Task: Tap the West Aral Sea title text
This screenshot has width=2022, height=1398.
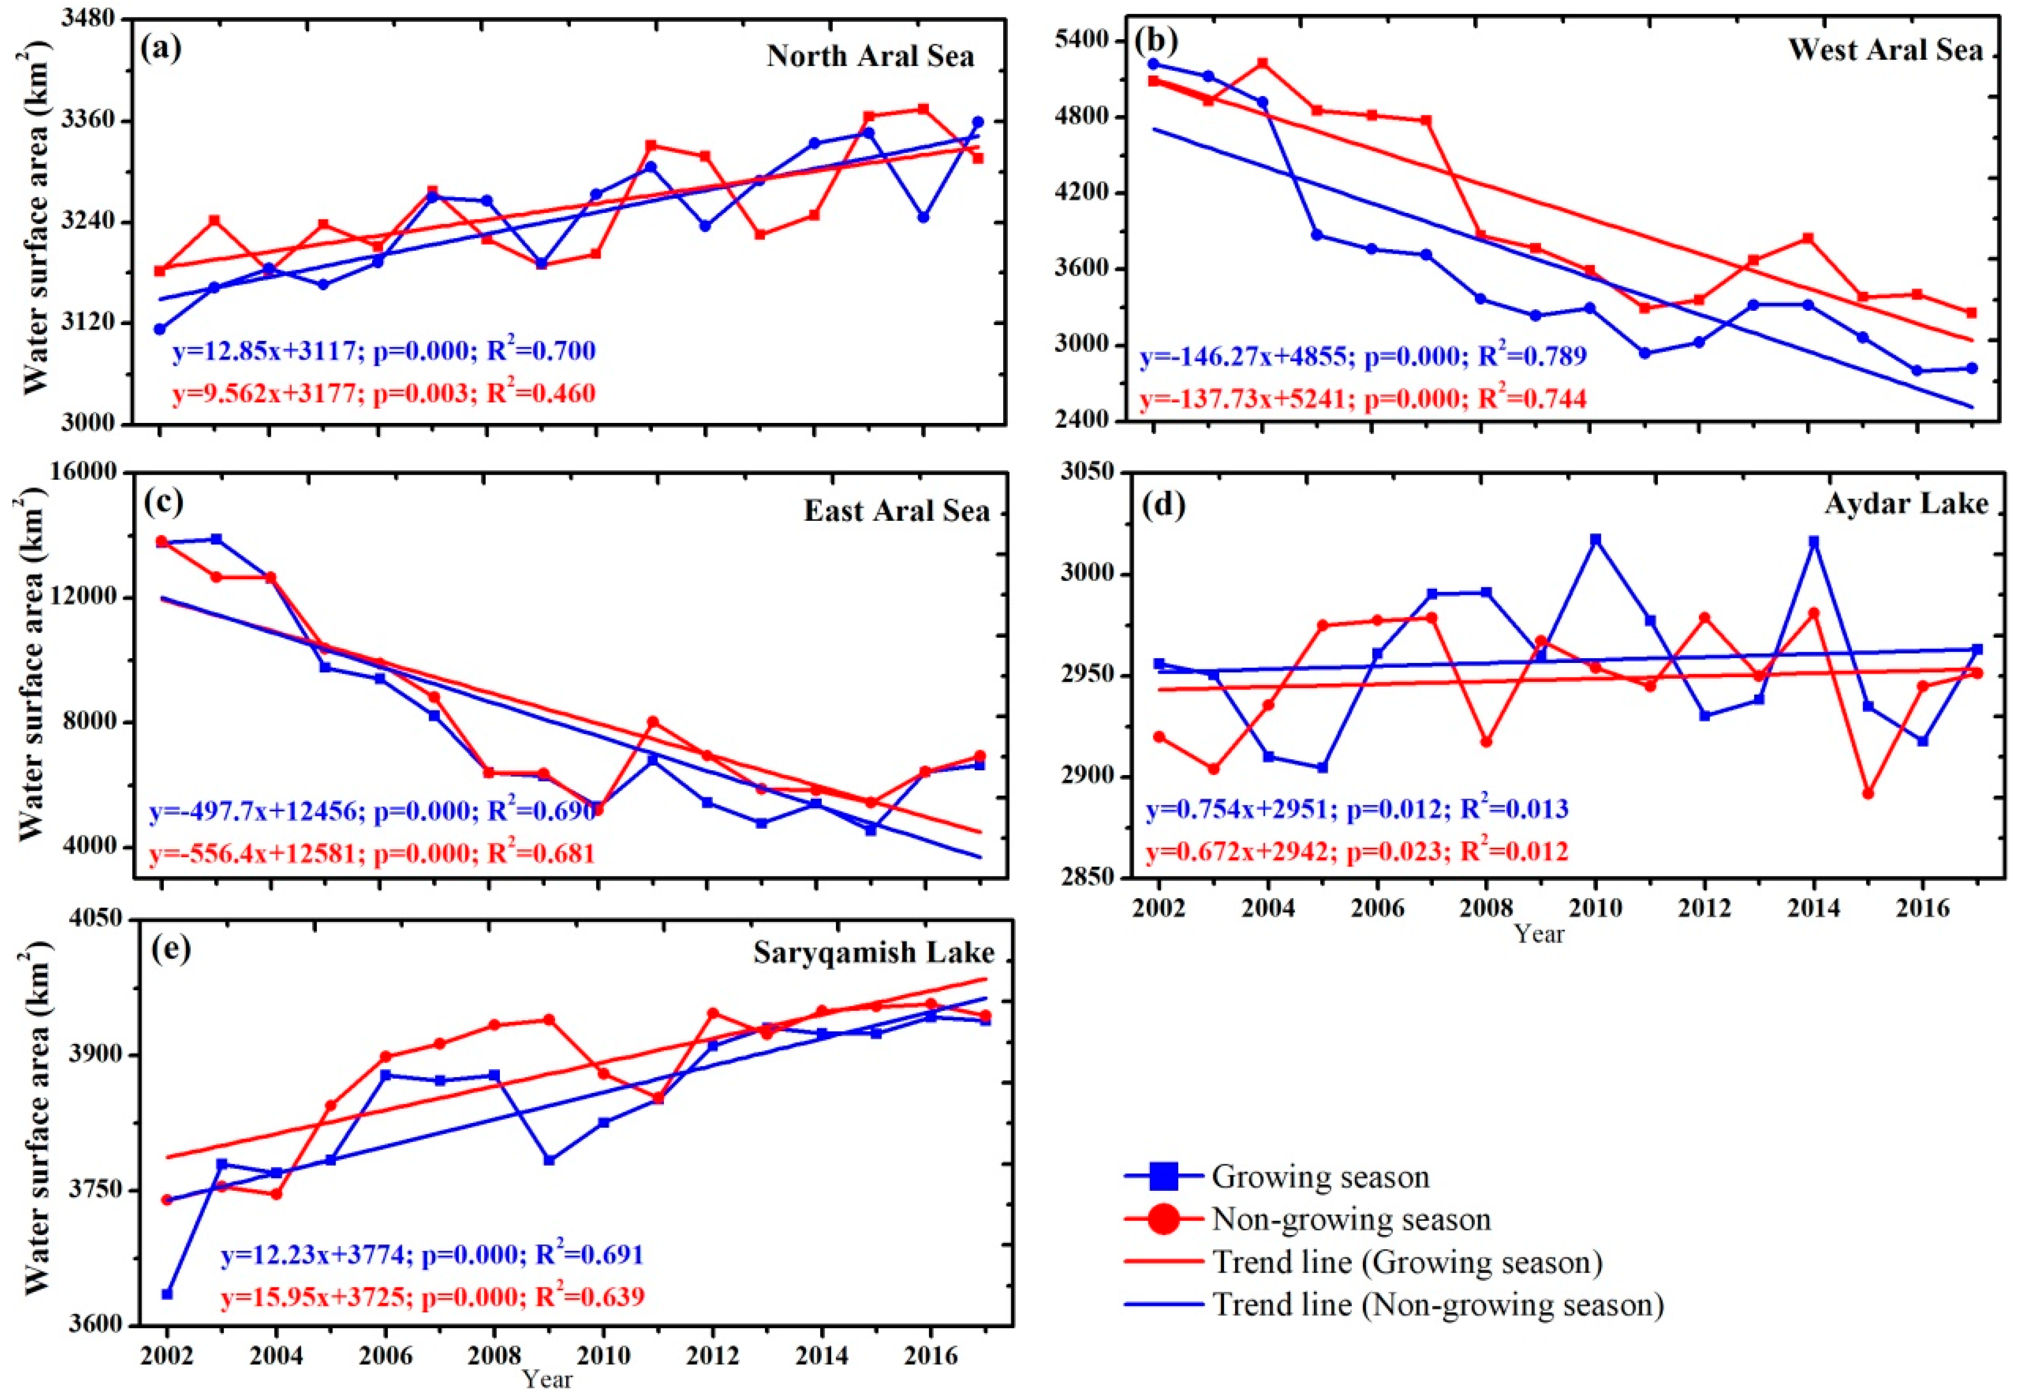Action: click(1885, 50)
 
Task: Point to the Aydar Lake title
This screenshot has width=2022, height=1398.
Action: click(1906, 504)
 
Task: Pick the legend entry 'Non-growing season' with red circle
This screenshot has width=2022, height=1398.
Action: click(1351, 1219)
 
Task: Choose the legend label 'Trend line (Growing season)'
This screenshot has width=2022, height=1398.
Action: click(1407, 1262)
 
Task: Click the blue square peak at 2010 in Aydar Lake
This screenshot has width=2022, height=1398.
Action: click(1596, 540)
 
